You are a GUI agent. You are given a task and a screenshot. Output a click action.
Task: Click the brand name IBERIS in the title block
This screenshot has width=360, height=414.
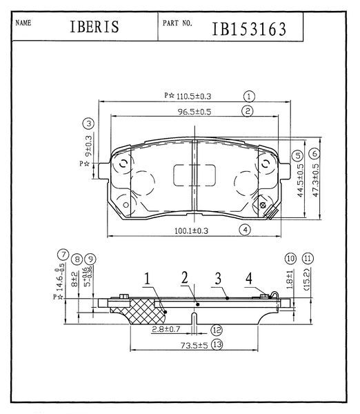[94, 27]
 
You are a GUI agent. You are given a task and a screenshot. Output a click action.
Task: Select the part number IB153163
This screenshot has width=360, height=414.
[249, 29]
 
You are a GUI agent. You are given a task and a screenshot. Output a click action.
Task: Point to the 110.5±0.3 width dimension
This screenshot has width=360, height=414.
[194, 96]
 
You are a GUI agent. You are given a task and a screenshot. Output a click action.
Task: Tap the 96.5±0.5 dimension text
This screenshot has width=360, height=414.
[194, 112]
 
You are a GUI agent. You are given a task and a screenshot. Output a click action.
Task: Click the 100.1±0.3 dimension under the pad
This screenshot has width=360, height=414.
[191, 230]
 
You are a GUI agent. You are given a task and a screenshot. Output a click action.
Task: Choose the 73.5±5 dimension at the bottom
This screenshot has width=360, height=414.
[194, 345]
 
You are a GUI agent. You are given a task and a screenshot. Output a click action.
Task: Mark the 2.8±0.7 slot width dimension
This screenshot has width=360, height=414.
[166, 329]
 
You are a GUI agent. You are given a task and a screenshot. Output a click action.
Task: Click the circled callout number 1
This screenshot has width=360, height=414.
[249, 97]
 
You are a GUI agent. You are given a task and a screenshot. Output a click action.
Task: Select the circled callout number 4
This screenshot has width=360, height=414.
[246, 230]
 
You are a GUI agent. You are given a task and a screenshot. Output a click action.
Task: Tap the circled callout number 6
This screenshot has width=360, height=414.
[315, 153]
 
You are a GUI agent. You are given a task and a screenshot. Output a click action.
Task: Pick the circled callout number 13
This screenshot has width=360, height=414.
[217, 344]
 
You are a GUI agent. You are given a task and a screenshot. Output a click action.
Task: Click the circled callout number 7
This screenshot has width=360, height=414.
[63, 255]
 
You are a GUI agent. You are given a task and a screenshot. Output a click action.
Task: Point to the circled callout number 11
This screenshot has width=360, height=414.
[308, 258]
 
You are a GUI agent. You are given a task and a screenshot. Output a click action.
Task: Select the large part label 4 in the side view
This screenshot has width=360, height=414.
[249, 278]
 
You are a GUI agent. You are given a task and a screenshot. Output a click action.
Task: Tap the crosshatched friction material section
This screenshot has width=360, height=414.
[143, 312]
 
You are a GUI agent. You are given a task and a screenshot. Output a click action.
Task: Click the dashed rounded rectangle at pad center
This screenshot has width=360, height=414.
[194, 175]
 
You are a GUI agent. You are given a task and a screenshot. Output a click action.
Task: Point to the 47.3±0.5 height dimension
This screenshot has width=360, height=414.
[316, 180]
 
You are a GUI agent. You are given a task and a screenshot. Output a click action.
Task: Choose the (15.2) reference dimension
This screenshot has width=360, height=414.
[307, 279]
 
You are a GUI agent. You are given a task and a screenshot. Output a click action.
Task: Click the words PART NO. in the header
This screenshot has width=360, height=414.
[177, 23]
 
